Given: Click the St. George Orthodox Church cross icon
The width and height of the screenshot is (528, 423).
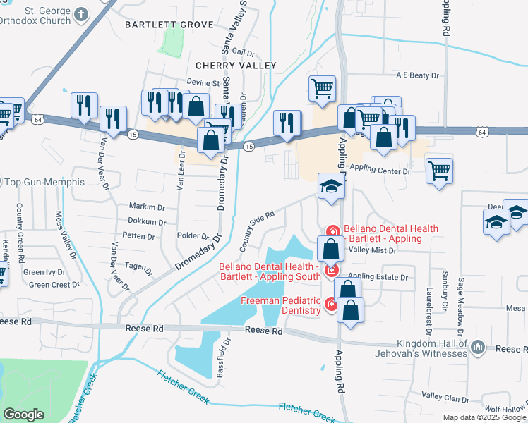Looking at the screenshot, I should [82, 13].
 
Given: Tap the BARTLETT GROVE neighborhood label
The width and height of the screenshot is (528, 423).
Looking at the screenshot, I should [169, 25].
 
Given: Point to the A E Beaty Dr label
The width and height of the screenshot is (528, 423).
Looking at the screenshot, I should [417, 75].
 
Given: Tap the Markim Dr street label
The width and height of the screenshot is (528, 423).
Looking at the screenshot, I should [147, 207].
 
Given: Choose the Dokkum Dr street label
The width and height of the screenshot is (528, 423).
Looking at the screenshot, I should [147, 221].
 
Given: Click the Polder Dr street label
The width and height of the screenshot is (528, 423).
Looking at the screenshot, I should [192, 236].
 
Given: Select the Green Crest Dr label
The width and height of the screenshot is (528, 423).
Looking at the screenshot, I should [55, 285].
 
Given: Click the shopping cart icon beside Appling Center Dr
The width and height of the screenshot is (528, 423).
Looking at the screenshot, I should [439, 170].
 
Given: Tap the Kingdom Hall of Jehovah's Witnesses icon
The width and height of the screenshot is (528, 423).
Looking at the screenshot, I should [478, 346].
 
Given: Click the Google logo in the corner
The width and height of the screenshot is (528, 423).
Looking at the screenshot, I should [24, 415].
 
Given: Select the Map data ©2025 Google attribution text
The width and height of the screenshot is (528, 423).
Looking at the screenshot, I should [485, 417].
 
